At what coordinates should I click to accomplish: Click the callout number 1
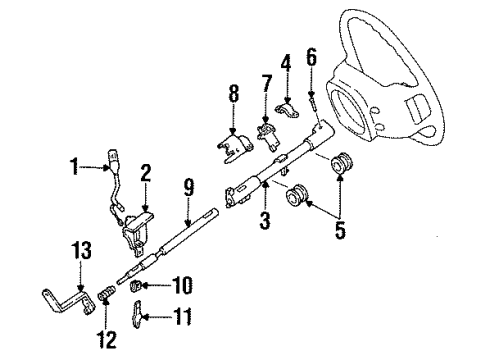(75, 166)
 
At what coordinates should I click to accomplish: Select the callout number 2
(146, 173)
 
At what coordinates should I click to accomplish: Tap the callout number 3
(265, 220)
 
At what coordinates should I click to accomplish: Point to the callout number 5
(340, 230)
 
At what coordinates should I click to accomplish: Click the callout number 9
(189, 187)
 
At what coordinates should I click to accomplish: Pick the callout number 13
(82, 251)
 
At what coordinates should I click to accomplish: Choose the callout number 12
(107, 340)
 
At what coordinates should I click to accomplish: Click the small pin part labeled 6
(313, 103)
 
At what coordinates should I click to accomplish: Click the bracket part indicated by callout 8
(235, 147)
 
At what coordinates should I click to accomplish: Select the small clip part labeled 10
(136, 286)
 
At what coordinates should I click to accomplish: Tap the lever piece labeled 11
(138, 314)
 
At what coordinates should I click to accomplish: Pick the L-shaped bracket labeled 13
(69, 301)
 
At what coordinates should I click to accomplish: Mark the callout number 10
(182, 285)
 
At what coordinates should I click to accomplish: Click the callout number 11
(182, 316)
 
